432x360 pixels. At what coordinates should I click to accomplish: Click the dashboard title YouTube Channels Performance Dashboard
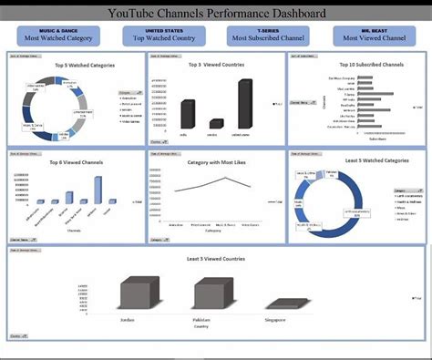click(215, 14)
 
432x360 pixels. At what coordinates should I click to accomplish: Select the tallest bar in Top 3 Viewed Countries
click(244, 103)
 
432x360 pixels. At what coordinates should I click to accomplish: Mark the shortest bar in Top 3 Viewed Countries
click(216, 124)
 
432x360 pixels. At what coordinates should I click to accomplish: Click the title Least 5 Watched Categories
click(352, 161)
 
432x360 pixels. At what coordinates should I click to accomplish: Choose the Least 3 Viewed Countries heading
click(215, 258)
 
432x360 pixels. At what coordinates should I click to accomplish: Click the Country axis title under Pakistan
click(212, 327)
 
